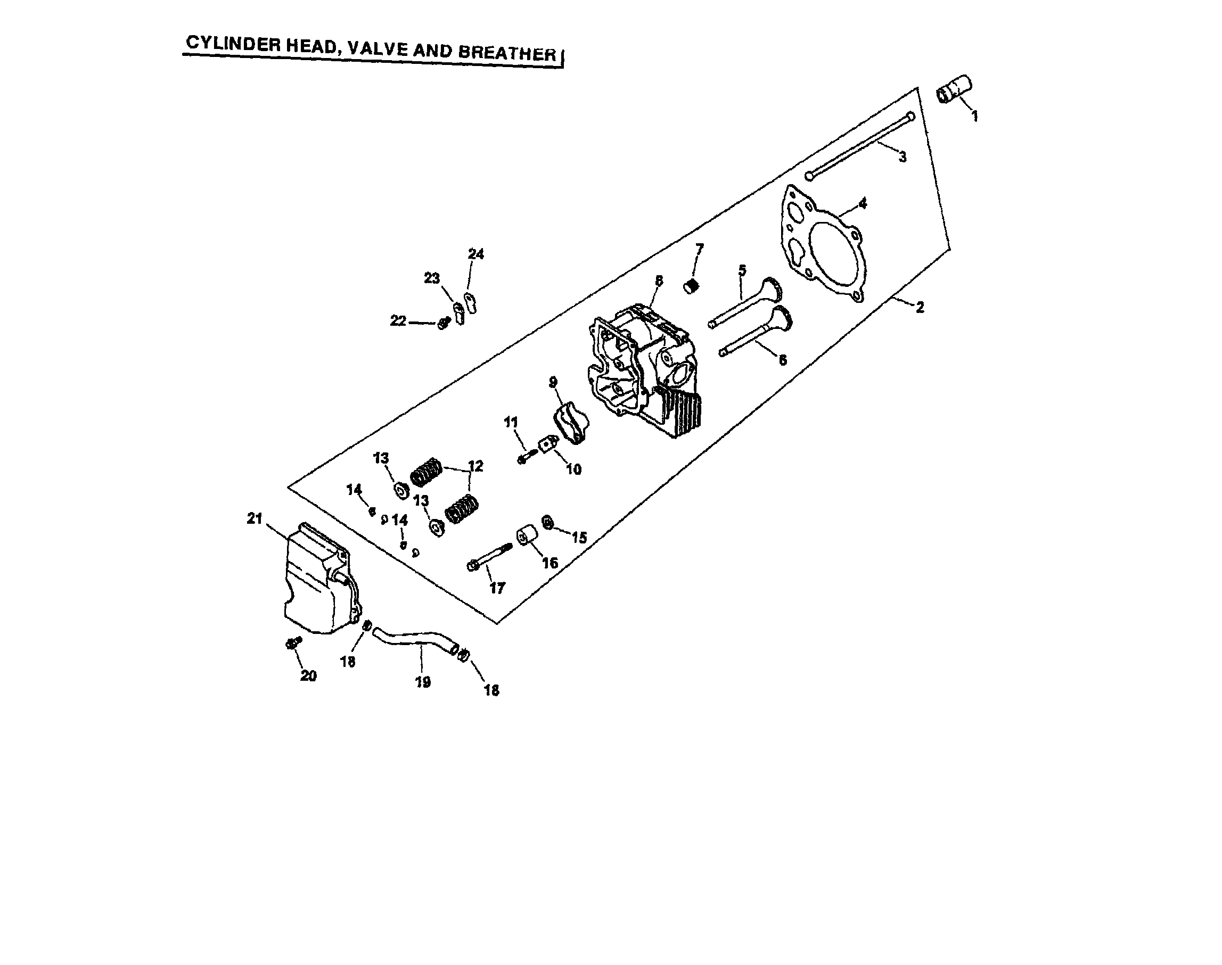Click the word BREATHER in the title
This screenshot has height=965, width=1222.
(507, 53)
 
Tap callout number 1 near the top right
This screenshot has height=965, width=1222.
(974, 117)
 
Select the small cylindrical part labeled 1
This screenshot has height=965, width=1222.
(954, 90)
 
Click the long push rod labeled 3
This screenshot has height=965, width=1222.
(859, 146)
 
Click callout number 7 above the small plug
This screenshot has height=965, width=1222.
(699, 249)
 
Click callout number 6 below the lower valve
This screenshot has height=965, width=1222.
(782, 360)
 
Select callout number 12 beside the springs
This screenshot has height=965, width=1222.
(476, 466)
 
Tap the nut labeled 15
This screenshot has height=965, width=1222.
(547, 523)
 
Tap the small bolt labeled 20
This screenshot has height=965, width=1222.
(294, 642)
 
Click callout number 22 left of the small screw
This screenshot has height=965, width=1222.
(398, 321)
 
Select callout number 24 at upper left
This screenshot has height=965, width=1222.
(476, 254)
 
